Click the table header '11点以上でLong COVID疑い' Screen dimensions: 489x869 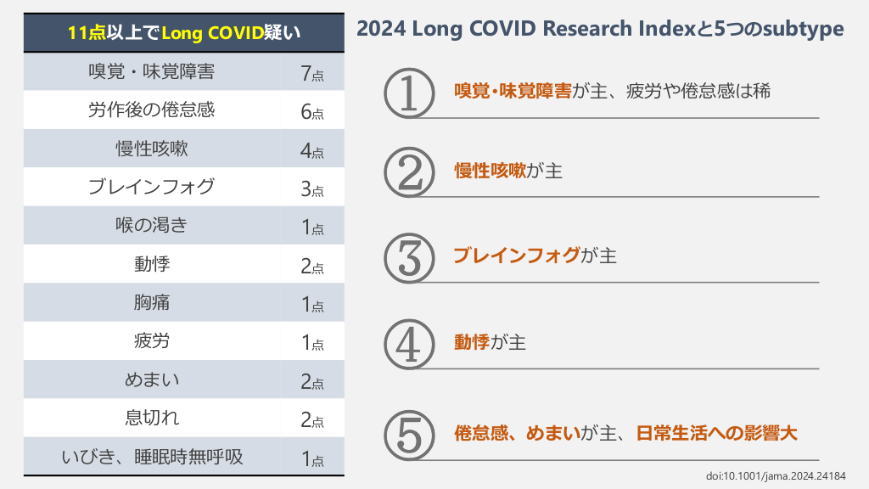coord(184,33)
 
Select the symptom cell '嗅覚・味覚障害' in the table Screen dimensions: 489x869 coord(152,72)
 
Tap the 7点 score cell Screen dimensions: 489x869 coord(311,73)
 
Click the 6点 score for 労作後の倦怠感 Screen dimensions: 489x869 coord(311,111)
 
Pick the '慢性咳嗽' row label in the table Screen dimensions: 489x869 coord(152,149)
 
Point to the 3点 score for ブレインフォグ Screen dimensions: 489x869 coord(311,188)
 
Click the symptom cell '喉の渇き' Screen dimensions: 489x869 coord(152,226)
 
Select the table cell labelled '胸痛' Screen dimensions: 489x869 coord(152,303)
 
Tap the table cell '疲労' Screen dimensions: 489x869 coord(152,341)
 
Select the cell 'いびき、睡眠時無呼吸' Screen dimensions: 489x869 coord(152,457)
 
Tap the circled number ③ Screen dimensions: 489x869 coord(409,258)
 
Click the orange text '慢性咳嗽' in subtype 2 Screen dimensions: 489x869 coord(490,171)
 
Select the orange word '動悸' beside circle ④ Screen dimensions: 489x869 coord(472,342)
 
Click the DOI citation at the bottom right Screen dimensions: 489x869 coord(776,475)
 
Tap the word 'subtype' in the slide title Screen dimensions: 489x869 coord(802,29)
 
